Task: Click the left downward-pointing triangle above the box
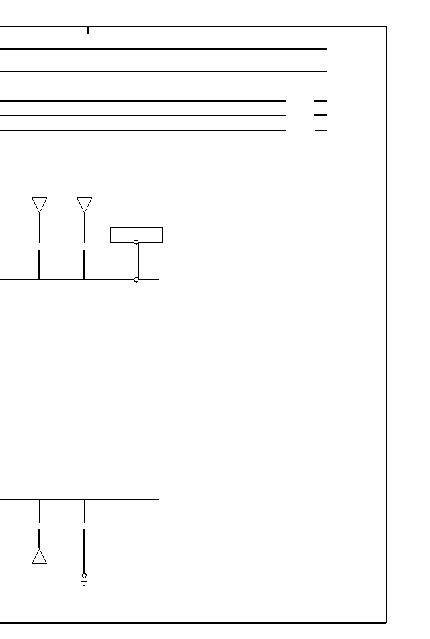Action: [x=40, y=204]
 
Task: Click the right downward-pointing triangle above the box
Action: [x=84, y=204]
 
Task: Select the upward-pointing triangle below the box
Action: [x=40, y=557]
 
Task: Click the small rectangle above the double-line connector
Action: [x=136, y=235]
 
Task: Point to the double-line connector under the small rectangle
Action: [x=136, y=261]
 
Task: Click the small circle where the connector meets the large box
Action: [x=136, y=279]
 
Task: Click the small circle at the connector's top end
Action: [x=136, y=242]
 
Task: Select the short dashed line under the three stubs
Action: [x=300, y=153]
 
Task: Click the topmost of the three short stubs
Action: [x=320, y=101]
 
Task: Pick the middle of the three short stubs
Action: [x=320, y=116]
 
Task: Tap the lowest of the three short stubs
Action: [x=320, y=130]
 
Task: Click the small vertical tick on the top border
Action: [x=88, y=30]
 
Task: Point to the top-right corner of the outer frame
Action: [x=386, y=27]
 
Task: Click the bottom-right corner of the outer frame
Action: [x=386, y=623]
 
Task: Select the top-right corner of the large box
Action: [x=159, y=279]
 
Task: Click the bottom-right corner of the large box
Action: [x=159, y=499]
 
